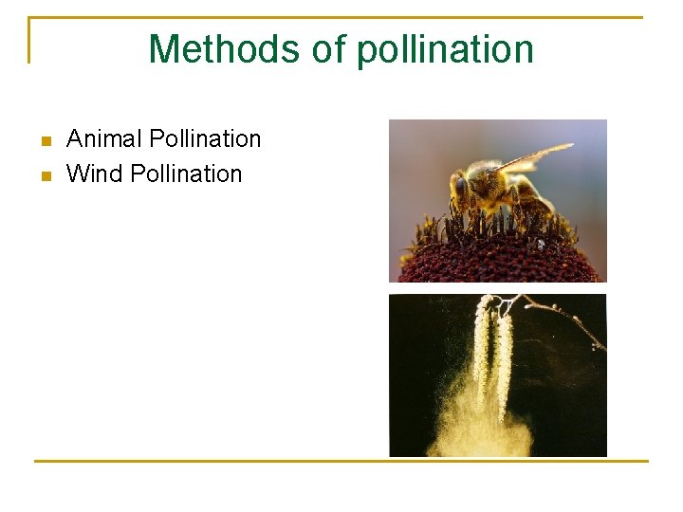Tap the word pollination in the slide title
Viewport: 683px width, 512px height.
click(445, 49)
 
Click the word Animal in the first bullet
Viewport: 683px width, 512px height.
click(100, 139)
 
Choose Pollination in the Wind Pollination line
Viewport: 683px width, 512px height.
click(186, 174)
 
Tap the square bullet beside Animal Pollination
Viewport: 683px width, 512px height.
click(44, 141)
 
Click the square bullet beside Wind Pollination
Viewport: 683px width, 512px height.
click(44, 175)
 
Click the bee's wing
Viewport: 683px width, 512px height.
click(536, 155)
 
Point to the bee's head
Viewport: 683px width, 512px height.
click(461, 186)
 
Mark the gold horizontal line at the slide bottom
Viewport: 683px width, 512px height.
click(341, 462)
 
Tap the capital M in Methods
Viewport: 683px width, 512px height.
click(164, 49)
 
